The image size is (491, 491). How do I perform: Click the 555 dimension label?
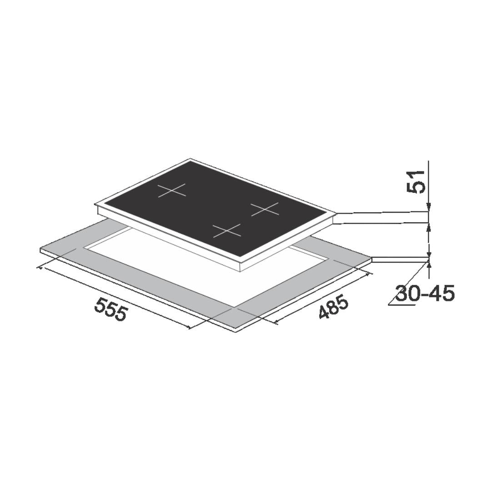coord(110,309)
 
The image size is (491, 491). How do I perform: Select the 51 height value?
coord(416,181)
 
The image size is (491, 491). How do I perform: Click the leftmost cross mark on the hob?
coord(172,190)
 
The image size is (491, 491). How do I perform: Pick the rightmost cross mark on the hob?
coord(265,209)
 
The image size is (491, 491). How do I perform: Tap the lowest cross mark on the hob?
coord(227,230)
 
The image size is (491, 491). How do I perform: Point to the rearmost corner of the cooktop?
coord(190,159)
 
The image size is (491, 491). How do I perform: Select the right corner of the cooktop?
coord(337,214)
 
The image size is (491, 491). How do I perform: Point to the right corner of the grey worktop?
coord(371,258)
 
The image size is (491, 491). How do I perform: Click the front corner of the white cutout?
coord(235,307)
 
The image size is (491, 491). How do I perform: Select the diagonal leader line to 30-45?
coord(408,282)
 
